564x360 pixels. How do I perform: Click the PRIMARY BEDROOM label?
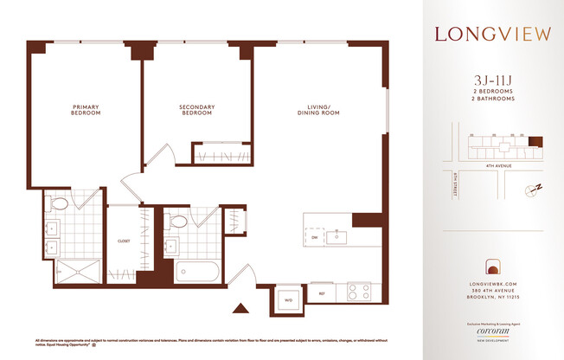click(86, 110)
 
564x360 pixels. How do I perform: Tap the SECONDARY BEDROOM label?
click(196, 110)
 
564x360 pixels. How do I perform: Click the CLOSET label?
click(123, 241)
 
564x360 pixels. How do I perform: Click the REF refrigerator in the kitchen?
click(322, 293)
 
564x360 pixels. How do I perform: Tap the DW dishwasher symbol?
click(315, 236)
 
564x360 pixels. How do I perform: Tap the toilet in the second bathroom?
click(179, 222)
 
